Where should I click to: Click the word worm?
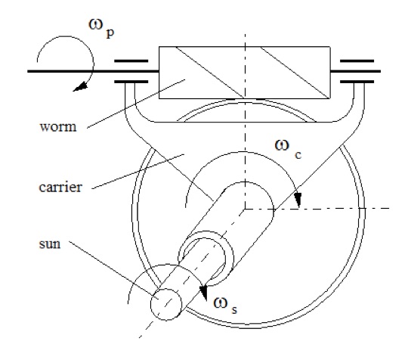[58, 127]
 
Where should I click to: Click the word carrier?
[60, 188]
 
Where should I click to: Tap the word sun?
[50, 244]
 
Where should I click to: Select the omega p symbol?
[101, 28]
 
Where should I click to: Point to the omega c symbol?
[288, 149]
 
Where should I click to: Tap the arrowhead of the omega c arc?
[298, 200]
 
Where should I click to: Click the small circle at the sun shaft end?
[166, 304]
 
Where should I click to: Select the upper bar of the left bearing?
[131, 61]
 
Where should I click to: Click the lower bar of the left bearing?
[131, 82]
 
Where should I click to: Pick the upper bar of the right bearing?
[357, 61]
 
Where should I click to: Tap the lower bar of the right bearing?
[357, 82]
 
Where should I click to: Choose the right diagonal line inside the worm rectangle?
[295, 73]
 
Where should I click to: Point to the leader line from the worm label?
[136, 104]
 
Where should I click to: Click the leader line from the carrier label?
[138, 172]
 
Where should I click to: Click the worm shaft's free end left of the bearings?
[28, 71]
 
